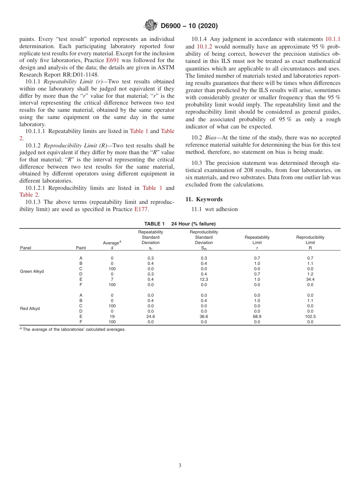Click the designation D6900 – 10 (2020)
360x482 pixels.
189,26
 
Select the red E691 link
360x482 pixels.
113,60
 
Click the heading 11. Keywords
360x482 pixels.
204,199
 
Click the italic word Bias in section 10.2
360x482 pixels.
211,138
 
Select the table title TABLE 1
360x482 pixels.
154,224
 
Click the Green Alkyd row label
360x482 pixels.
32,271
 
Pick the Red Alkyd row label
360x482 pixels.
30,308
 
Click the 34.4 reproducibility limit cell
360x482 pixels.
310,279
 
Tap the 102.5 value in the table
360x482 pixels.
310,316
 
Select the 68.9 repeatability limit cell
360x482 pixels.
257,316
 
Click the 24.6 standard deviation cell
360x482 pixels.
150,316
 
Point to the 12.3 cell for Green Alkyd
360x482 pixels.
204,279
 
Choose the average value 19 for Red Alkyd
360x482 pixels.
112,316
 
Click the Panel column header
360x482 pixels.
25,248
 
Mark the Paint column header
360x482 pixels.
81,248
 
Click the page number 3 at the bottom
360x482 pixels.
180,466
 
